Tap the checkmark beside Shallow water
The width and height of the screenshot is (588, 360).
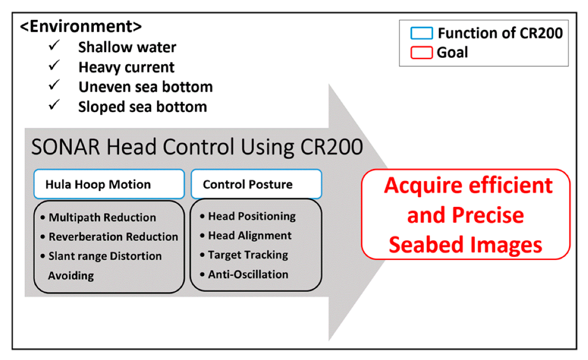click(x=54, y=46)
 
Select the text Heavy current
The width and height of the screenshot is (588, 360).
click(x=126, y=67)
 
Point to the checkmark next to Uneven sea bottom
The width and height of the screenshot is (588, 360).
click(x=54, y=86)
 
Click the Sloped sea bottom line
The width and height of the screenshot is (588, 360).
click(x=142, y=107)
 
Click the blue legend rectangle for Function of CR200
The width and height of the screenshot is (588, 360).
click(x=422, y=34)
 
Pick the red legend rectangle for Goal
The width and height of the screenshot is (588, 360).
click(x=422, y=53)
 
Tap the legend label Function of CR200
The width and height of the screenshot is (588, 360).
click(x=500, y=34)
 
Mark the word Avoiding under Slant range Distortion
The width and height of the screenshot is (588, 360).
click(x=71, y=275)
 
